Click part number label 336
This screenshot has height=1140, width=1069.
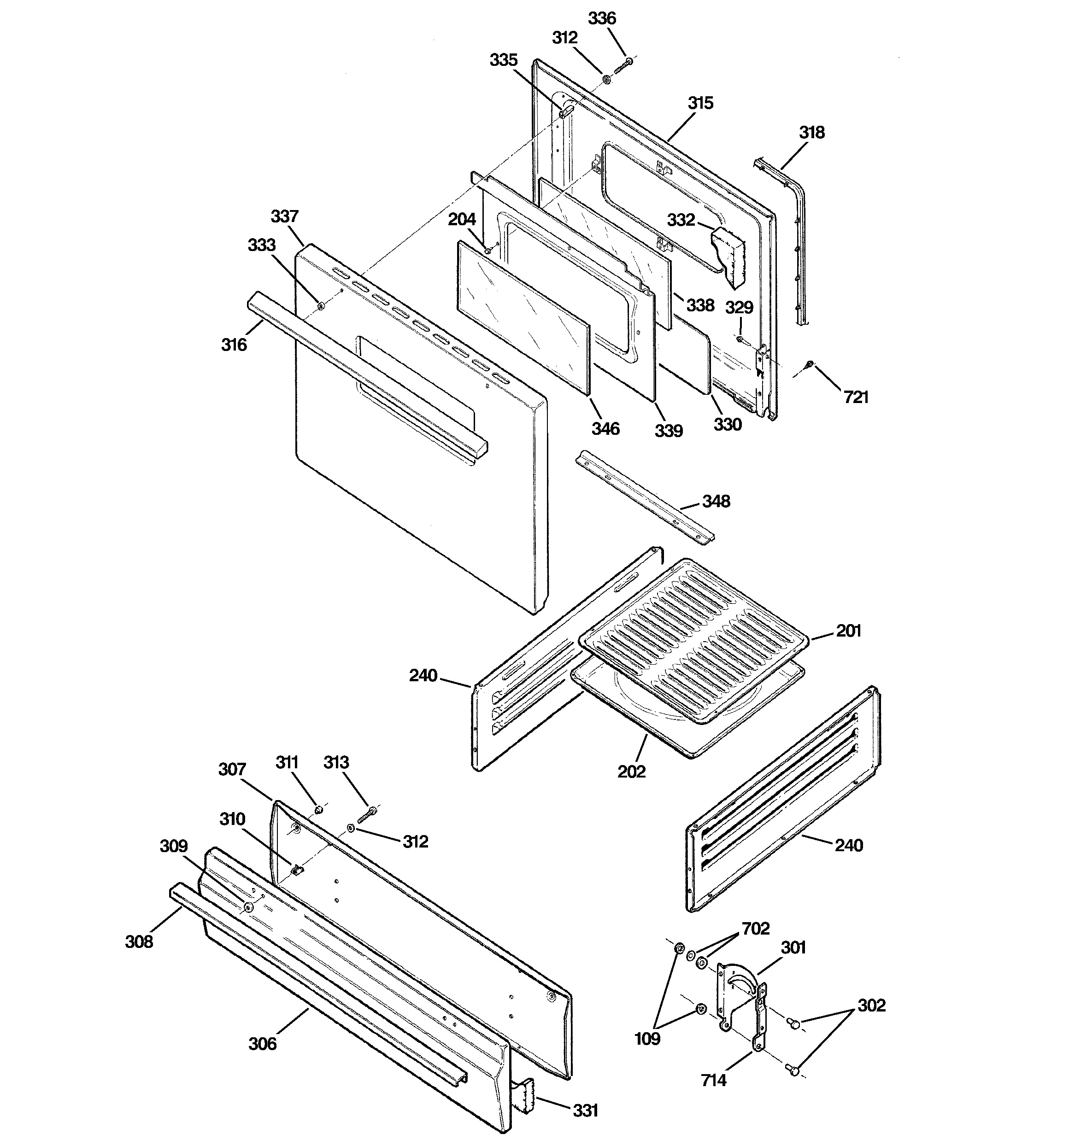pyautogui.click(x=602, y=18)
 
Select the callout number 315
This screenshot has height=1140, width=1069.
pyautogui.click(x=700, y=103)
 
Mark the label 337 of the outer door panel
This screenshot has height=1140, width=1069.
pyautogui.click(x=285, y=217)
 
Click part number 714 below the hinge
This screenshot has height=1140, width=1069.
pyautogui.click(x=713, y=1081)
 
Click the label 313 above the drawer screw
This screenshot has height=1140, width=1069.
pyautogui.click(x=336, y=762)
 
